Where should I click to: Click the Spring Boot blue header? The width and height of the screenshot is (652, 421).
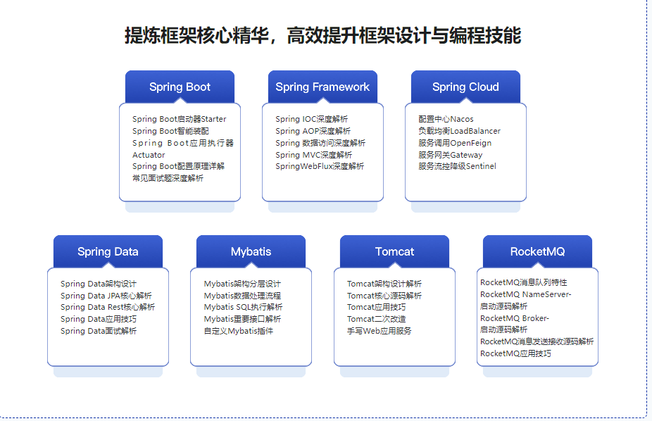pyautogui.click(x=180, y=87)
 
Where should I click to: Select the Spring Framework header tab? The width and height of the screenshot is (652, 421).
pyautogui.click(x=322, y=87)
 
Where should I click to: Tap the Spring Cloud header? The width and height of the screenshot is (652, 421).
pyautogui.click(x=465, y=87)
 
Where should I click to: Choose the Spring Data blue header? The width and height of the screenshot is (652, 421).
pyautogui.click(x=108, y=251)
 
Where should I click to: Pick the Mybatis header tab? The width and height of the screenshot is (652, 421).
pyautogui.click(x=251, y=251)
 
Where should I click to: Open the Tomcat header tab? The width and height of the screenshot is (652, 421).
pyautogui.click(x=394, y=251)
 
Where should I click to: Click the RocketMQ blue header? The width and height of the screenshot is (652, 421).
pyautogui.click(x=537, y=251)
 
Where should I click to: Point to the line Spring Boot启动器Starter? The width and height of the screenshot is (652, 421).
pyautogui.click(x=179, y=119)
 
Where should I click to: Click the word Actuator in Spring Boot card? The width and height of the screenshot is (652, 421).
pyautogui.click(x=149, y=155)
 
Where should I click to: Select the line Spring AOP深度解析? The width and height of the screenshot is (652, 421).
pyautogui.click(x=313, y=131)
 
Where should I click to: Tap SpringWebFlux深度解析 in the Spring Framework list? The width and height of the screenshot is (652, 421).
pyautogui.click(x=320, y=166)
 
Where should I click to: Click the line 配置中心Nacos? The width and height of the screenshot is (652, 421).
pyautogui.click(x=446, y=119)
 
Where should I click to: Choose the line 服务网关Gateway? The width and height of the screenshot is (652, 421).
pyautogui.click(x=450, y=155)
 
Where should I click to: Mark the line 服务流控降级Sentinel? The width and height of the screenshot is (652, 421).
pyautogui.click(x=457, y=166)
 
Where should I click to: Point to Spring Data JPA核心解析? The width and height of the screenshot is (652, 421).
pyautogui.click(x=106, y=296)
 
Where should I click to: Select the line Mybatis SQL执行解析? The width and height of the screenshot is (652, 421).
pyautogui.click(x=243, y=307)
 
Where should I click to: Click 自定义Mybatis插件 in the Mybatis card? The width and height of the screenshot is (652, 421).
pyautogui.click(x=238, y=331)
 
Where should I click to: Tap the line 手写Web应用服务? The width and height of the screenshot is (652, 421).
pyautogui.click(x=379, y=331)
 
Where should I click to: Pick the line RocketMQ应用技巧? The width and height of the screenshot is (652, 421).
pyautogui.click(x=515, y=353)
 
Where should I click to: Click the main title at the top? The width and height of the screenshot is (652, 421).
pyautogui.click(x=322, y=35)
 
